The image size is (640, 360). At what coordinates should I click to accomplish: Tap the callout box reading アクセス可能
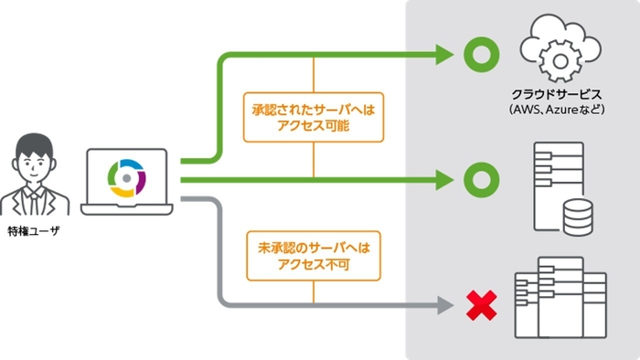click(314, 116)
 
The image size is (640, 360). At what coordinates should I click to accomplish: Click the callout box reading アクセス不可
click(314, 256)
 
